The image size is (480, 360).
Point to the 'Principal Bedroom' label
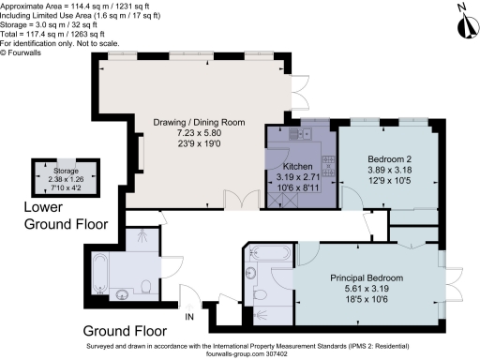pos(366,278)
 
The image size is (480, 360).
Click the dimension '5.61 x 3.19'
pos(366,291)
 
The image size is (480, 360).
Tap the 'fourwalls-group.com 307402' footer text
pos(241,353)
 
